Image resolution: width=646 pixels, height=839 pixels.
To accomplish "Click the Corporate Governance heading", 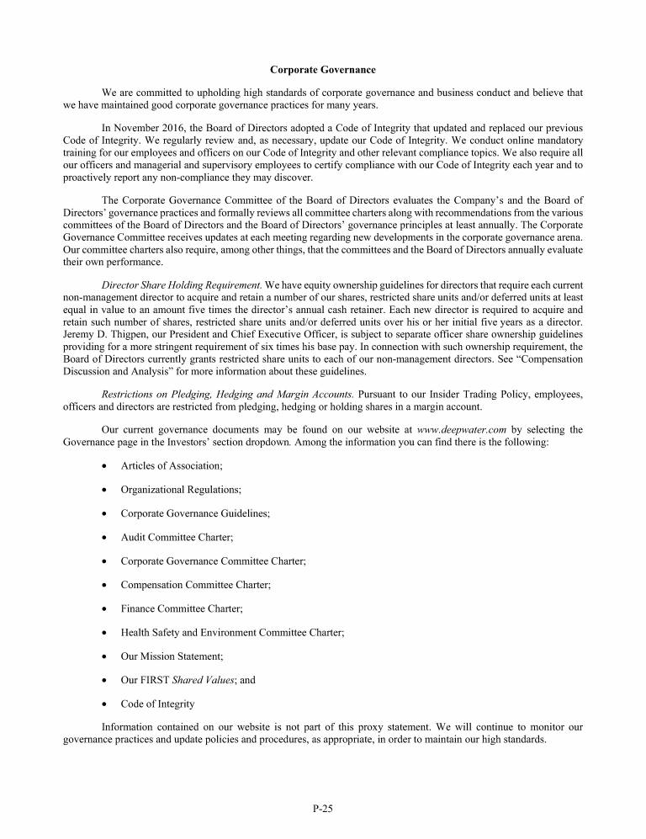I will (323, 69).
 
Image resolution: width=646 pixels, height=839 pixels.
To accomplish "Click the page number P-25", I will (323, 809).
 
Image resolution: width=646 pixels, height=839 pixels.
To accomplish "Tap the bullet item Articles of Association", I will (172, 465).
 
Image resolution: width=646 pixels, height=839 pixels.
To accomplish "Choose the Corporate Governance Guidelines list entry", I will (195, 512).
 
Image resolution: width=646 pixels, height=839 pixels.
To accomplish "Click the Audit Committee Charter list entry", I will (177, 536).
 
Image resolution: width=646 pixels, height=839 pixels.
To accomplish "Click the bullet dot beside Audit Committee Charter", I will (103, 537).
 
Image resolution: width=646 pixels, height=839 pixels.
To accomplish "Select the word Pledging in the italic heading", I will (184, 394).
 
